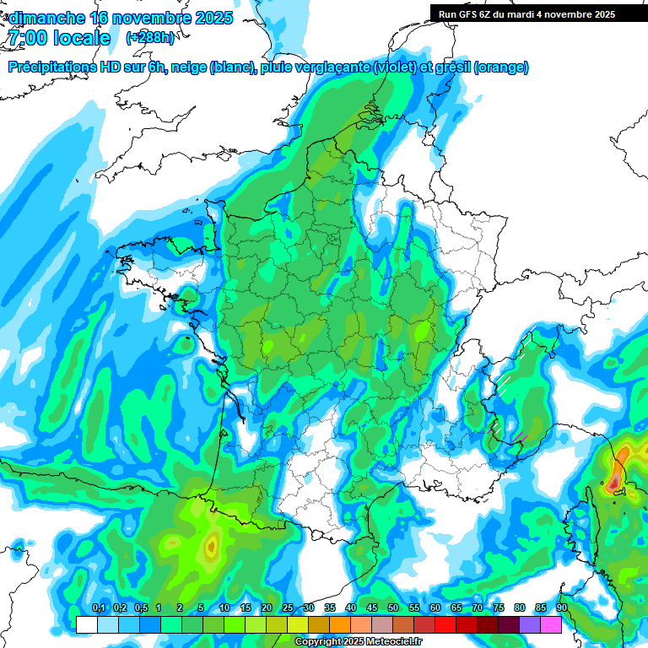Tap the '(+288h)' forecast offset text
tap(150, 38)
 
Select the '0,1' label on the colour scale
tap(98, 608)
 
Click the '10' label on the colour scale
tap(224, 608)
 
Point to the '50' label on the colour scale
tap(393, 608)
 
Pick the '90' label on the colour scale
tap(562, 608)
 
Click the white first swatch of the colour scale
tap(87, 624)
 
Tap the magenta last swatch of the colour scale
tap(551, 624)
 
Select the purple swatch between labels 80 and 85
tap(530, 624)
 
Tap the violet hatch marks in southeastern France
tap(520, 437)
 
